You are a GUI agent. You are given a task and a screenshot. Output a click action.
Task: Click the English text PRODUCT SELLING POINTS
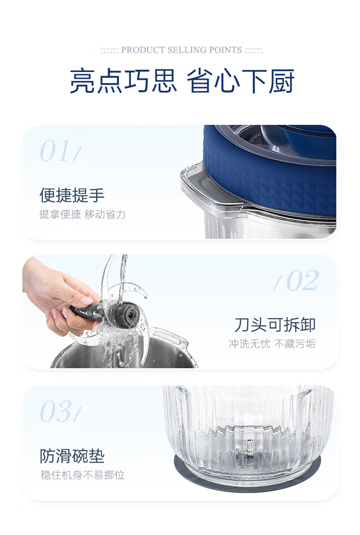(181, 50)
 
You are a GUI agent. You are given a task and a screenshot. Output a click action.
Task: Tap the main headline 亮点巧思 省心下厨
(182, 81)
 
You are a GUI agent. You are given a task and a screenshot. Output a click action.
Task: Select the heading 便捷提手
(72, 195)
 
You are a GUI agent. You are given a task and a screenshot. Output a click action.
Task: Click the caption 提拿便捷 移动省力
(82, 214)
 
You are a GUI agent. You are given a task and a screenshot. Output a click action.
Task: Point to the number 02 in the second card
(303, 281)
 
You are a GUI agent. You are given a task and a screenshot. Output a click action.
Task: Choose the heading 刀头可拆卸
(275, 324)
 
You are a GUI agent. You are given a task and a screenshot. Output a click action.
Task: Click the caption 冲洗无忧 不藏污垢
(272, 344)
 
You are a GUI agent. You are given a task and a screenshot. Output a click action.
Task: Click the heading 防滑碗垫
(72, 456)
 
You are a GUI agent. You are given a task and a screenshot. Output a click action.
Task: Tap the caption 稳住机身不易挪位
(82, 475)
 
